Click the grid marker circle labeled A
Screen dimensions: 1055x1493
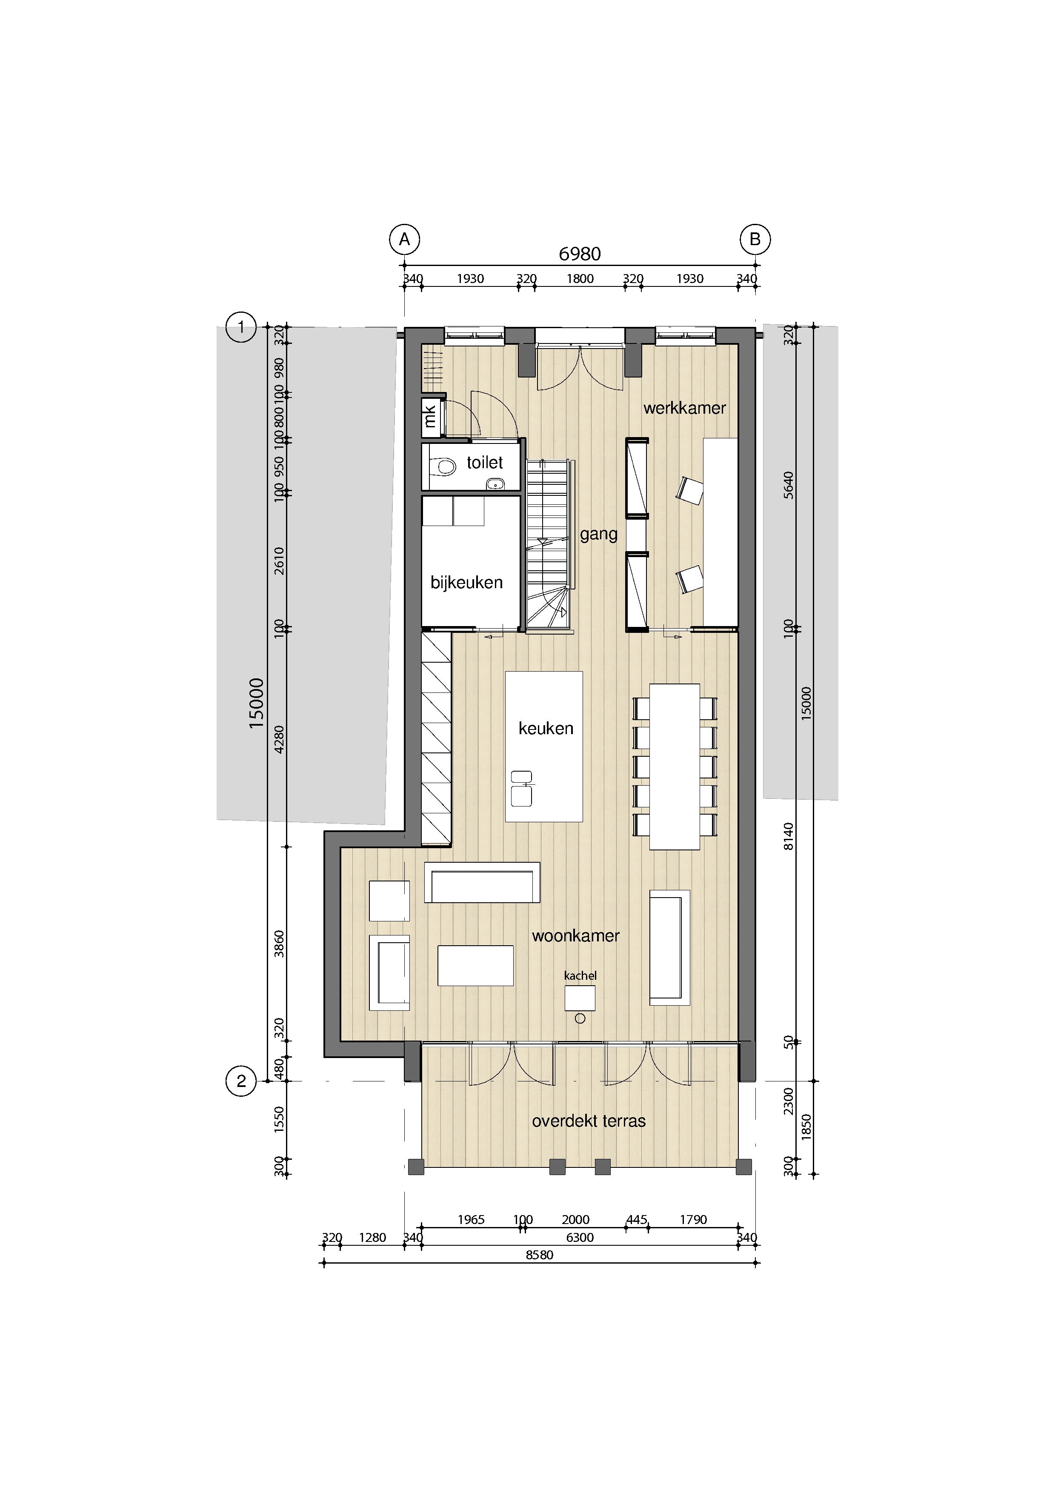404,239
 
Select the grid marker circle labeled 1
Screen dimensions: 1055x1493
241,326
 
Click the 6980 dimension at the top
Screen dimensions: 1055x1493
580,254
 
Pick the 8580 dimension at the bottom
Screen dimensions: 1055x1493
540,1255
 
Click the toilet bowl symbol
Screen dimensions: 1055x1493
443,466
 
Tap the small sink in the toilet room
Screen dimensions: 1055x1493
496,483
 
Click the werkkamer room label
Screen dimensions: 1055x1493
684,408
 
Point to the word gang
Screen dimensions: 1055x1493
599,535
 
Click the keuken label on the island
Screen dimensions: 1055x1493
546,728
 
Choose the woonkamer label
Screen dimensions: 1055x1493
575,936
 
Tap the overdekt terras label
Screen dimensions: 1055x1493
589,1121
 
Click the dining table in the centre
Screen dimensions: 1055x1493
675,767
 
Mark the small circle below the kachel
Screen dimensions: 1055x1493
580,1019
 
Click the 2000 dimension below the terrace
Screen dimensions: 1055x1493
575,1219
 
